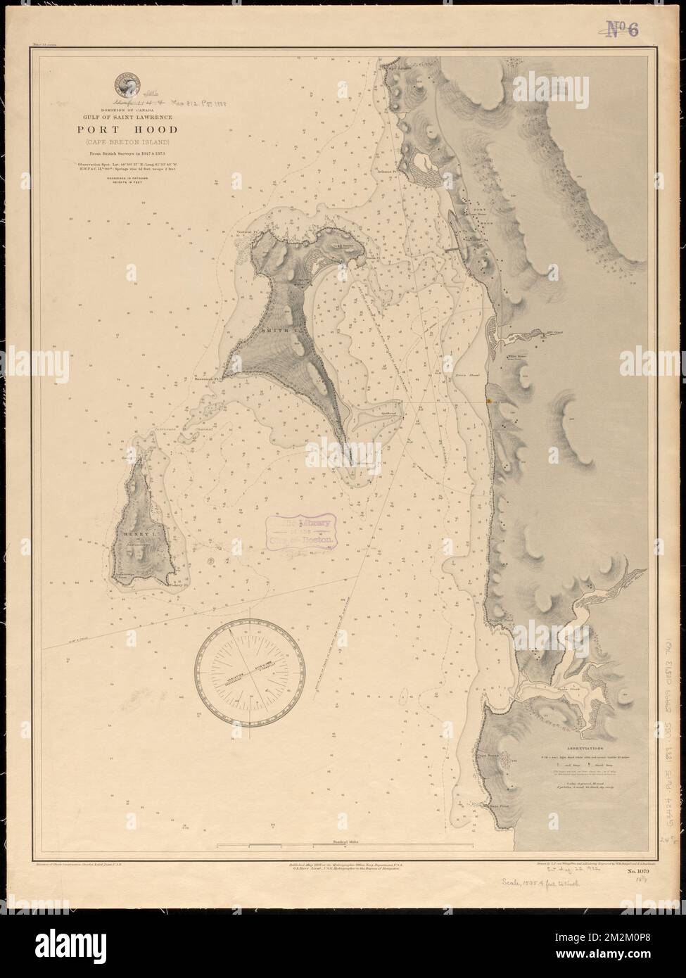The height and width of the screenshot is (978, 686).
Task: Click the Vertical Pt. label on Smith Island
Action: click(248, 231)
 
